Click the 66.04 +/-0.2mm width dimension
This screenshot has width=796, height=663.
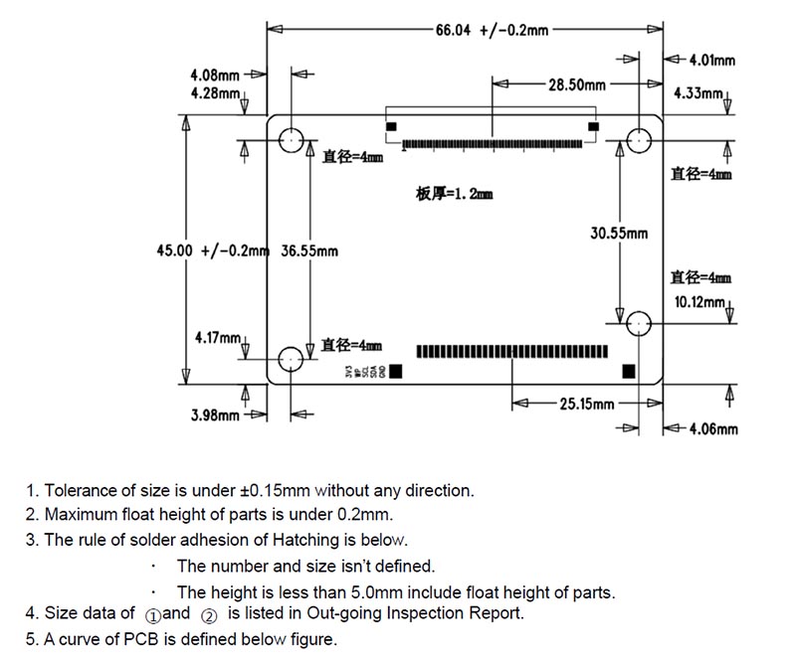tap(492, 30)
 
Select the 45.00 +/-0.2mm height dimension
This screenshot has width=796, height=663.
tap(212, 250)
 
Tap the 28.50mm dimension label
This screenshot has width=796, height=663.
tap(576, 85)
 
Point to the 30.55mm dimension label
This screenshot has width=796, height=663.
tap(619, 234)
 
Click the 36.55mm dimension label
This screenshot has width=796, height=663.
tap(309, 250)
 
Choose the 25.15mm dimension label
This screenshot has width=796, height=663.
tap(587, 404)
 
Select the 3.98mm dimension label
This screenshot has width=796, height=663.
tap(215, 414)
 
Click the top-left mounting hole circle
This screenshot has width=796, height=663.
tap(292, 140)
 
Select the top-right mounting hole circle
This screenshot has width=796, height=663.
tap(638, 141)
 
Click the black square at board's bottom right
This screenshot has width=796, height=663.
tap(629, 371)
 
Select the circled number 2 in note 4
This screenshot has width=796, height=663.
tap(209, 615)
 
